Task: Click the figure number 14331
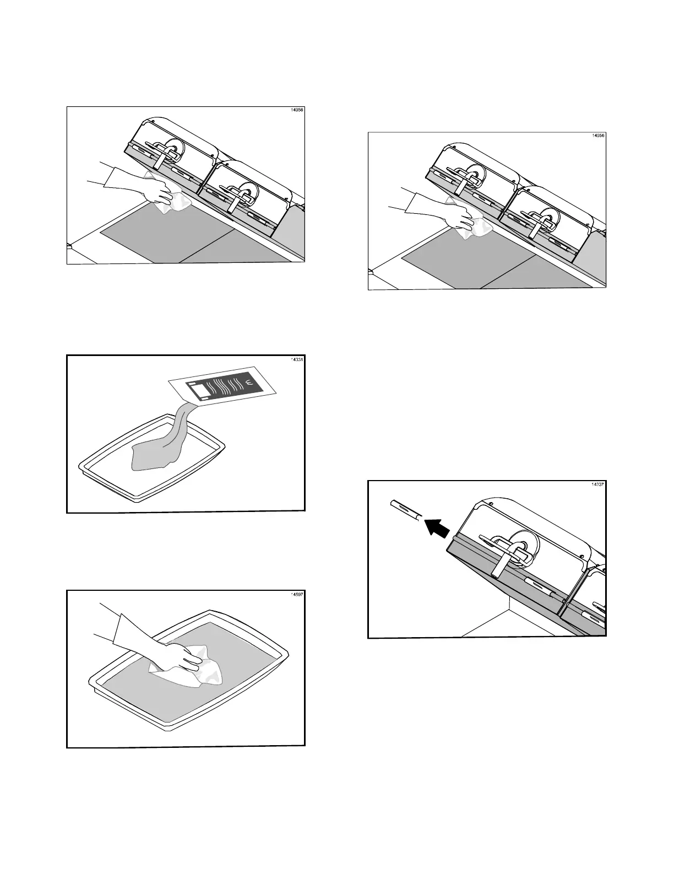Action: tap(296, 359)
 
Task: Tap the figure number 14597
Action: tap(296, 594)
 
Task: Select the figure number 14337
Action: tap(597, 484)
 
